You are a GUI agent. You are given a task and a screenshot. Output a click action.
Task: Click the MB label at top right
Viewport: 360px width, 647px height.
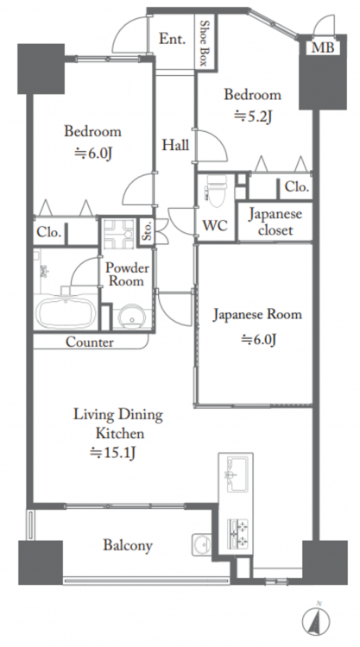[322, 48]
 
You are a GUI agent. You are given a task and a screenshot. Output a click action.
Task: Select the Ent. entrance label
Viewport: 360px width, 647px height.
[172, 39]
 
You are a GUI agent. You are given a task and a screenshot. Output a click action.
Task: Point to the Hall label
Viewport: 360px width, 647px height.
[175, 145]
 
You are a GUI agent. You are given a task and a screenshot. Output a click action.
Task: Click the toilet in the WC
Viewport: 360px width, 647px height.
[216, 190]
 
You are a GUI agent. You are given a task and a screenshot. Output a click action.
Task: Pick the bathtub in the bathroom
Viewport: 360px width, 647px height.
[66, 312]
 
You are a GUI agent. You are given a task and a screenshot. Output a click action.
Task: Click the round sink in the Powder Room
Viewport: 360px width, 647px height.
[132, 317]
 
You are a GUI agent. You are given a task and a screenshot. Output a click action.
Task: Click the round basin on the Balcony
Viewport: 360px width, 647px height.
[201, 544]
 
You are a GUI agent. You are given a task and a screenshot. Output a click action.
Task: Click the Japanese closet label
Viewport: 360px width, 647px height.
[275, 222]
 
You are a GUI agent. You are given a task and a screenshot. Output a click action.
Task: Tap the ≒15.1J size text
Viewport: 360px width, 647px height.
[113, 453]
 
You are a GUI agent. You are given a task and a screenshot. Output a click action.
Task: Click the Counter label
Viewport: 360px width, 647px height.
[90, 342]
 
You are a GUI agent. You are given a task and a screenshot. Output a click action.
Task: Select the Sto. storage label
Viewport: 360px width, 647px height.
[147, 231]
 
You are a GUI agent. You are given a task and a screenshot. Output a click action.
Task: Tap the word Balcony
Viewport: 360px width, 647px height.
[128, 545]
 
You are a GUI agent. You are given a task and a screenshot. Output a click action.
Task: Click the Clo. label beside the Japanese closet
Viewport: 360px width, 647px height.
[296, 186]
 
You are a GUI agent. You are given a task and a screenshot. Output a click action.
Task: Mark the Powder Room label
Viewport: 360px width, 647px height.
[126, 274]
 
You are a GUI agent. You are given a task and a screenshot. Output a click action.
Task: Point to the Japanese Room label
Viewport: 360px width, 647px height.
[257, 315]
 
